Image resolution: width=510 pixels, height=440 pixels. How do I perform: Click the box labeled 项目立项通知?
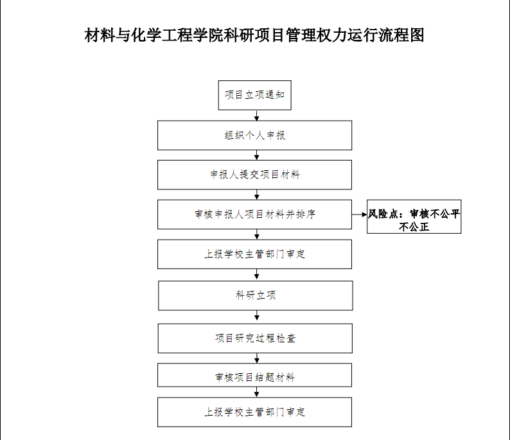pos(254,95)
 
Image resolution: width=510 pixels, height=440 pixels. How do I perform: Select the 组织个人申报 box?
pos(254,136)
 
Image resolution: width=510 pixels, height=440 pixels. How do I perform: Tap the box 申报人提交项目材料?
pos(254,175)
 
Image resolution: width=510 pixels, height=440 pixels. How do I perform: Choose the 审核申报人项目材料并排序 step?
pos(254,215)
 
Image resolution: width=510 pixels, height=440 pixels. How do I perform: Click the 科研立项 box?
pos(256,295)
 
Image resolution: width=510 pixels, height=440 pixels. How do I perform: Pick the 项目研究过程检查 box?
pos(256,339)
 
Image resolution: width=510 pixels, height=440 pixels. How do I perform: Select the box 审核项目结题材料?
pos(254,375)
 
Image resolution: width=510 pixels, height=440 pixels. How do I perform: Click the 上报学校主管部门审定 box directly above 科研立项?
pos(254,254)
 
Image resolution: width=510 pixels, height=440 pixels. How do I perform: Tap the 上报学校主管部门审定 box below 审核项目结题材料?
pos(254,412)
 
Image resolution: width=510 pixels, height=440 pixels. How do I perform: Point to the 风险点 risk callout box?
pos(414,216)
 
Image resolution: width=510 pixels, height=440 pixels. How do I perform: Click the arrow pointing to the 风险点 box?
pos(360,215)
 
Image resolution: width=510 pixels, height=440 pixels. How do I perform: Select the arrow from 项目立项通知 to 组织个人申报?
pos(257,116)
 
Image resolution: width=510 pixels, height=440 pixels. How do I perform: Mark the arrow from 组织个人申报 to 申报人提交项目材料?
pos(257,155)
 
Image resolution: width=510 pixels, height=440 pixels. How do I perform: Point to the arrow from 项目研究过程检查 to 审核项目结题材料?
pos(257,358)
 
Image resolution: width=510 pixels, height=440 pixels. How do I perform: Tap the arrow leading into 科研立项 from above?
pos(257,274)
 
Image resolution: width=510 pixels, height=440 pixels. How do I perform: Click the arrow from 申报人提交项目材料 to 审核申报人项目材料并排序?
pos(257,195)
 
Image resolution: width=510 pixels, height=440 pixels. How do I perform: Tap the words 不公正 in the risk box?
pos(414,227)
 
